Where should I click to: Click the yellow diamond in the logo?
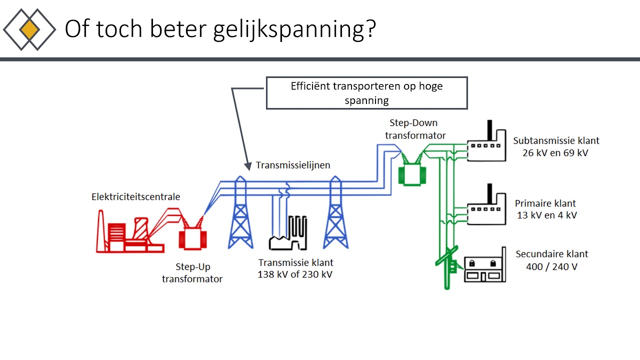coord(29,30)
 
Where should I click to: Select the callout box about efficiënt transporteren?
coord(366,93)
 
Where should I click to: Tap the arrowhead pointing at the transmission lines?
coord(247,166)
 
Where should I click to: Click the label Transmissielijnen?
coord(293,165)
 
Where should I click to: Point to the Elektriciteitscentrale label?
coord(135,196)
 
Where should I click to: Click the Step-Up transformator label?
coord(192,273)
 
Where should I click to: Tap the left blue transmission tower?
coord(240,215)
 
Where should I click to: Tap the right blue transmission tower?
coord(335,215)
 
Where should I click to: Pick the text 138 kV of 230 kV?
coord(295,274)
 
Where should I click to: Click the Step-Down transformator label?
coord(415,129)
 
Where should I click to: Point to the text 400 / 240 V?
coord(551,266)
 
